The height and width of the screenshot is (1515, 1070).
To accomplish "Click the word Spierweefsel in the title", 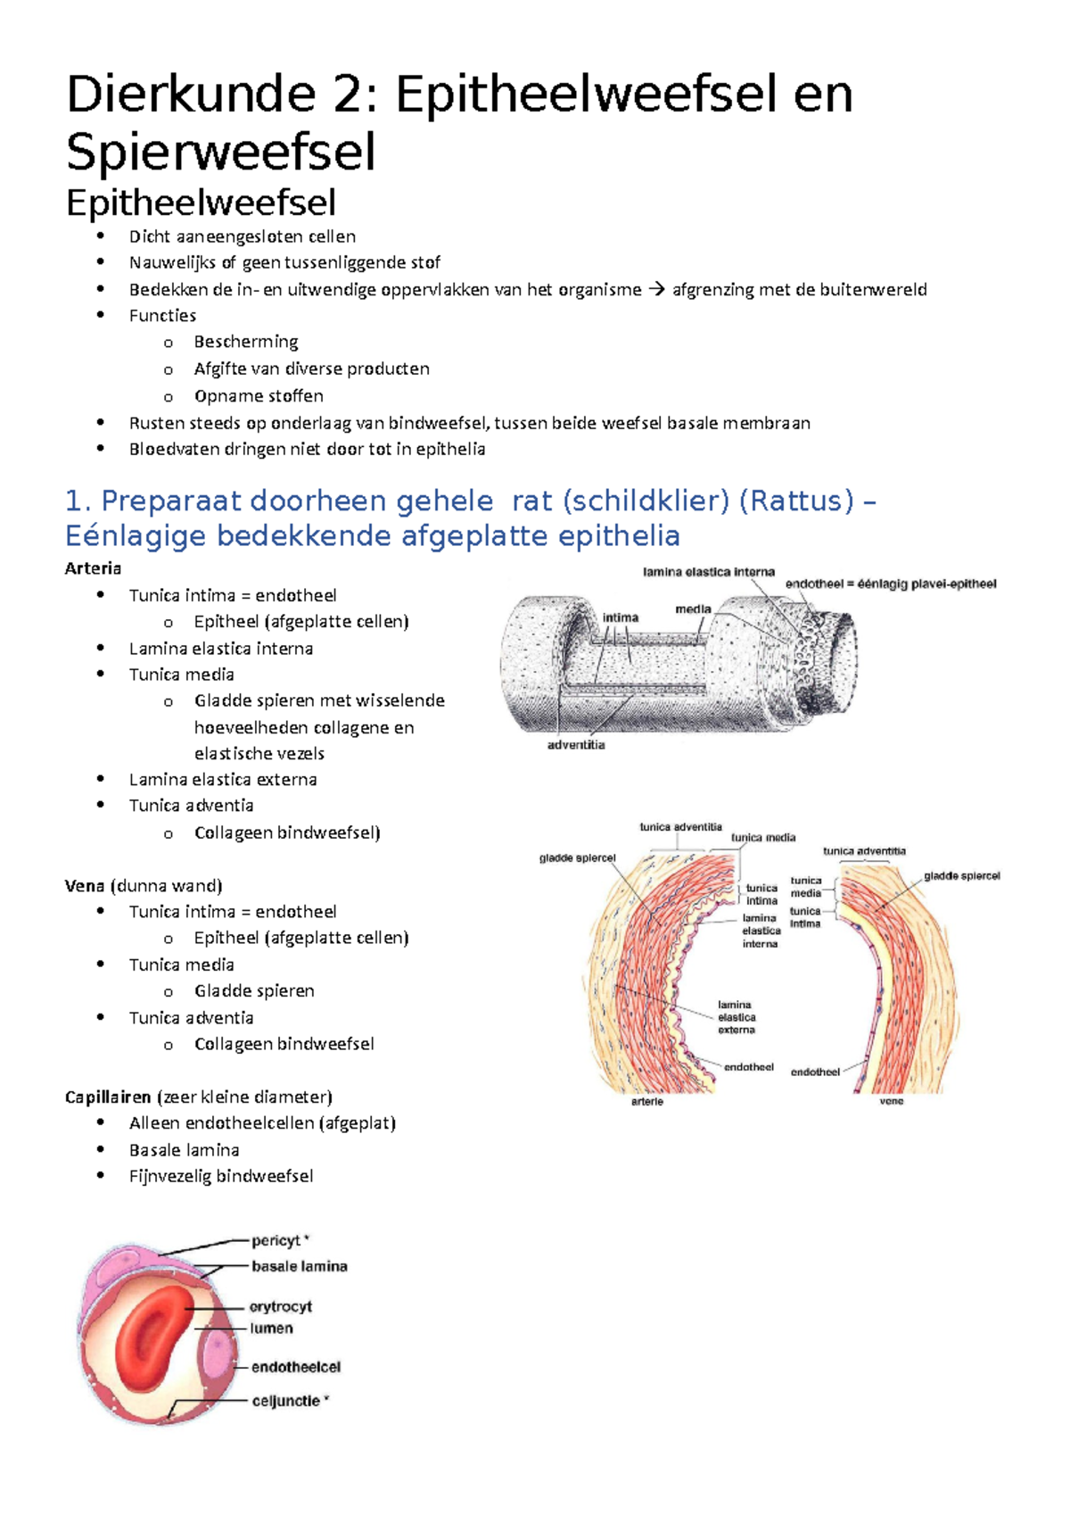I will click(x=220, y=152).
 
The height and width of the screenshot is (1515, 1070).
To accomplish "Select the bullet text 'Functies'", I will click(x=162, y=315).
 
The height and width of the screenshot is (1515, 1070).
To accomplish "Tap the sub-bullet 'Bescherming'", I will click(x=246, y=342).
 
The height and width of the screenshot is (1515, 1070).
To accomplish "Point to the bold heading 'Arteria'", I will click(x=93, y=568).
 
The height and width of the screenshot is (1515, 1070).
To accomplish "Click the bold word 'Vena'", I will click(x=85, y=885).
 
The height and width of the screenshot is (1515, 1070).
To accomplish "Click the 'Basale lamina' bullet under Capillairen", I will click(x=184, y=1149).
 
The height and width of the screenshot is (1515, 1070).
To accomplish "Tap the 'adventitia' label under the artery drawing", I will click(x=576, y=745).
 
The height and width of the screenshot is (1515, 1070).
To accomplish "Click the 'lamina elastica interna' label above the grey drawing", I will click(x=709, y=572).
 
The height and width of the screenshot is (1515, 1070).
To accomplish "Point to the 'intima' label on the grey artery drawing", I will click(x=621, y=617).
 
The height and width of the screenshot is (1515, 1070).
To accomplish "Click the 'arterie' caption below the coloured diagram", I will click(x=647, y=1102).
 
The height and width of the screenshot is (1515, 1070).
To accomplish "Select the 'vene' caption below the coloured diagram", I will click(x=892, y=1101).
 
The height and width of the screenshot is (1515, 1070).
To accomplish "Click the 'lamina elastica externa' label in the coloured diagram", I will click(x=737, y=1017).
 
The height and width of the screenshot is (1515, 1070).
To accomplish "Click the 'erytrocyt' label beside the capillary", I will click(x=281, y=1306).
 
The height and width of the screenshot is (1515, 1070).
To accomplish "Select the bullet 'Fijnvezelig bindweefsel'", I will click(x=221, y=1176).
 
